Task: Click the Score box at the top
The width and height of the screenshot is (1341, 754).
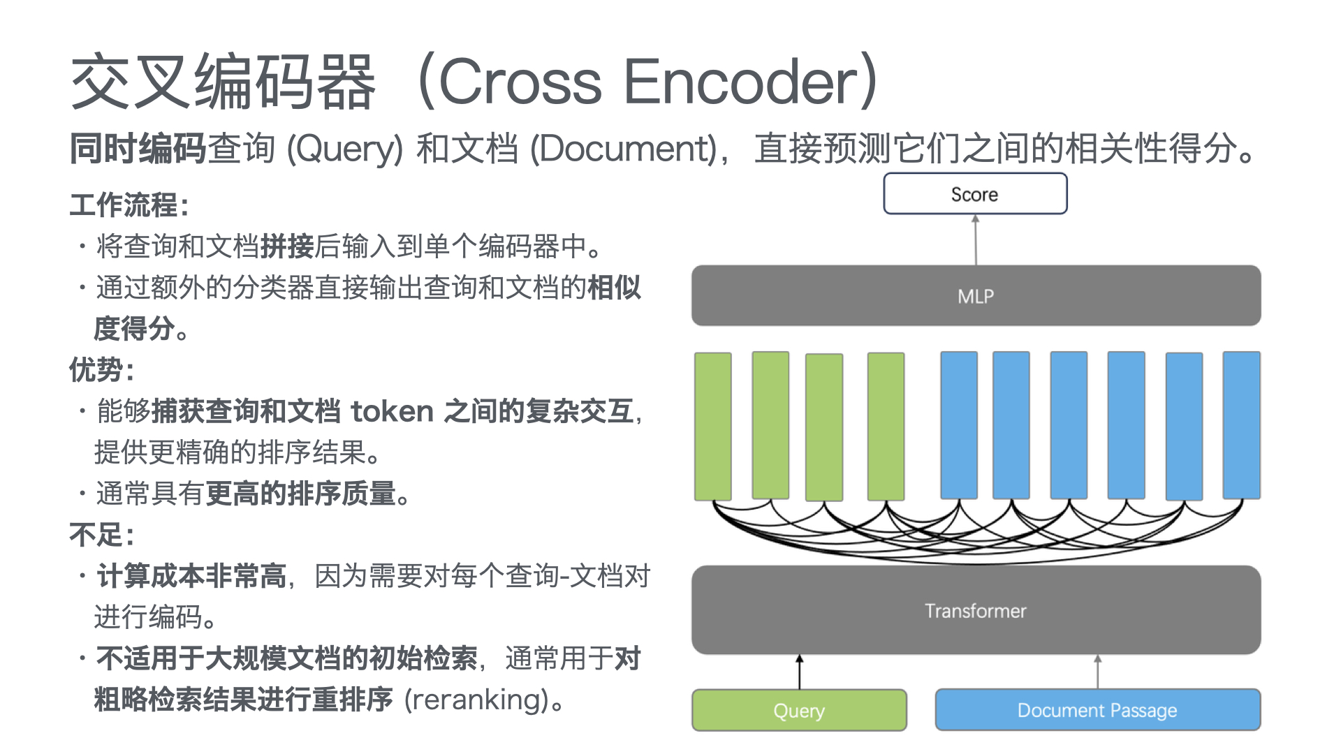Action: [975, 193]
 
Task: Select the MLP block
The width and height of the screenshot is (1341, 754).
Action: [976, 295]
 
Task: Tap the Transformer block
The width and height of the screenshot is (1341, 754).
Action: [976, 610]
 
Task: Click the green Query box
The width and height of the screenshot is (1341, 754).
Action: [799, 710]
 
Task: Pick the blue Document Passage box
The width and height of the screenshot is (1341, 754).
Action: [1097, 710]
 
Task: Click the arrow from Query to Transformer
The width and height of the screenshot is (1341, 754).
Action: [800, 672]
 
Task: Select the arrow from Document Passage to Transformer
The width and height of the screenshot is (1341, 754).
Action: [1098, 672]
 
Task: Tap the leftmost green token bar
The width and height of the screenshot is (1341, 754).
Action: [713, 426]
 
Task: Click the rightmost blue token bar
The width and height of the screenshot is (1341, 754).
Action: [1242, 425]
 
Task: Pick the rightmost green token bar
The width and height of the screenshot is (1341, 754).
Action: [886, 426]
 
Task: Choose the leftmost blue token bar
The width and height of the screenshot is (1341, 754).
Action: [959, 425]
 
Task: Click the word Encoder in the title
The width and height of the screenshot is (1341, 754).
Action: [740, 82]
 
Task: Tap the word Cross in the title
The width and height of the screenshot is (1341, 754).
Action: [520, 82]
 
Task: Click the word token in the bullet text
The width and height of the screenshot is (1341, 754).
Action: [393, 411]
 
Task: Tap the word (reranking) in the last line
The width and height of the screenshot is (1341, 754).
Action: [476, 700]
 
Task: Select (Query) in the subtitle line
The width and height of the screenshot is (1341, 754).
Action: [345, 149]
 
